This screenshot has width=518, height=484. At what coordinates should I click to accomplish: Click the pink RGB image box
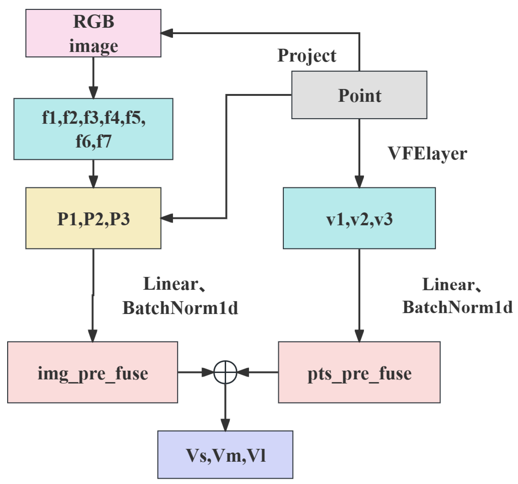pyautogui.click(x=93, y=33)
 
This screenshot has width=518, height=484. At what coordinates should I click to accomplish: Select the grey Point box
pyautogui.click(x=359, y=95)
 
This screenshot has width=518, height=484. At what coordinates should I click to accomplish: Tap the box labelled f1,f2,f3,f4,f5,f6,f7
pyautogui.click(x=93, y=129)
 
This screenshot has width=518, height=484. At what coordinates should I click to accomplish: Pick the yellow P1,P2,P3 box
pyautogui.click(x=93, y=218)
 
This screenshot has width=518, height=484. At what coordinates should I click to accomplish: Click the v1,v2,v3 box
pyautogui.click(x=359, y=218)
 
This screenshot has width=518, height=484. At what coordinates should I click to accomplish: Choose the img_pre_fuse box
pyautogui.click(x=92, y=372)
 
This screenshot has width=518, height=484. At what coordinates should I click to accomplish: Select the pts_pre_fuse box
pyautogui.click(x=359, y=372)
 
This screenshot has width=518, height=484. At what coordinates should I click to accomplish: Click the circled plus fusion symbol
pyautogui.click(x=225, y=372)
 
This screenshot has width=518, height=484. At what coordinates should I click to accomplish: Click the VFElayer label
pyautogui.click(x=427, y=154)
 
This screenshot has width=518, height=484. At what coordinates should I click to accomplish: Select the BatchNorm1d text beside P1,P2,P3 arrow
pyautogui.click(x=180, y=308)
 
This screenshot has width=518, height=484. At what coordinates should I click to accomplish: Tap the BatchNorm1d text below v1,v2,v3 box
pyautogui.click(x=457, y=307)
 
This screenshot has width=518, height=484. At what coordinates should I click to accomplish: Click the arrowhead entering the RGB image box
pyautogui.click(x=167, y=33)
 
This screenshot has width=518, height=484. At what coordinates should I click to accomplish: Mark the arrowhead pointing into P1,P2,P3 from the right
pyautogui.click(x=167, y=218)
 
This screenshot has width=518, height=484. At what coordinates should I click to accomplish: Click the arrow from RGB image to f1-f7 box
pyautogui.click(x=93, y=78)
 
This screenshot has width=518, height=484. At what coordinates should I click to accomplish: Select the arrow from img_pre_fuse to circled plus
pyautogui.click(x=195, y=372)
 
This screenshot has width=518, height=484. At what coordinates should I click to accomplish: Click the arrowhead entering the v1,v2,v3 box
pyautogui.click(x=359, y=182)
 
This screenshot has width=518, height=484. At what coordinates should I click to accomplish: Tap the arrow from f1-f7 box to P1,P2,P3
pyautogui.click(x=93, y=174)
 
